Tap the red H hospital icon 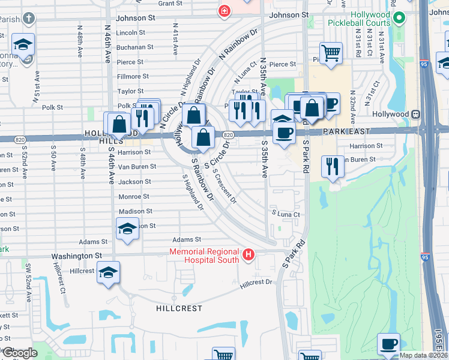[248, 256]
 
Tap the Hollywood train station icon [415, 114]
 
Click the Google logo [19, 352]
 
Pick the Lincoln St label [131, 32]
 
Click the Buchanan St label [135, 47]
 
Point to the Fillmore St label [133, 76]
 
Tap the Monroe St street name [133, 196]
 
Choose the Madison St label [135, 211]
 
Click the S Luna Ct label [286, 214]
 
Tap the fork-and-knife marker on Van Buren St [332, 165]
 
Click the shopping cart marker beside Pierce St [331, 52]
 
